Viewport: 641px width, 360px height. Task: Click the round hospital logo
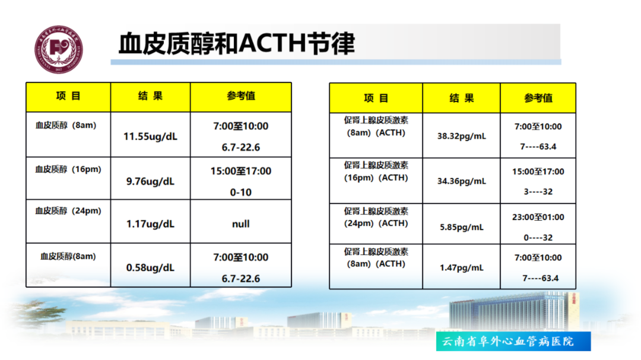click(58, 49)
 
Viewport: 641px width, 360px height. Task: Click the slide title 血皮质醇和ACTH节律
click(236, 43)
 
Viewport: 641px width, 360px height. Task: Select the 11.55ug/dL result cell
click(150, 136)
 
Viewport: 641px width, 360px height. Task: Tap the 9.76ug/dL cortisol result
click(150, 181)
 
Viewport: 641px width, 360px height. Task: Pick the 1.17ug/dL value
click(150, 224)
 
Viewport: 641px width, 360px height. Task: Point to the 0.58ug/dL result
click(150, 267)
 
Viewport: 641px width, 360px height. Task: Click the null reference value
click(241, 224)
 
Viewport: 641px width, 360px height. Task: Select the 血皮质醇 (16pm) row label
click(68, 169)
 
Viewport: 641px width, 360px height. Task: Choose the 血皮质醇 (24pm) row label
click(68, 211)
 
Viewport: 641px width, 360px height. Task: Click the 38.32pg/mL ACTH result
click(462, 136)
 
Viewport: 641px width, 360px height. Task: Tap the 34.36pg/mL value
click(462, 181)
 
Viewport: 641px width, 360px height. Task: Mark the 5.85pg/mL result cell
click(462, 227)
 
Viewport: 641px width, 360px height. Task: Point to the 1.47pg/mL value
click(462, 267)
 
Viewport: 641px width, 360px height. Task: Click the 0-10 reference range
click(241, 192)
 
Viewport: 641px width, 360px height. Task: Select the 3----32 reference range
click(538, 192)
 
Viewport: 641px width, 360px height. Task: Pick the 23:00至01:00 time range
click(538, 218)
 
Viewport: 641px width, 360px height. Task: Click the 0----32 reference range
click(538, 237)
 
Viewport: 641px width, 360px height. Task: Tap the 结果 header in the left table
click(150, 96)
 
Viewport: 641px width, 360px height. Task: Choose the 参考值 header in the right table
click(538, 98)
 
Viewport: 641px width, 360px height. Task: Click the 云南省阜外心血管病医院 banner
click(513, 341)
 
